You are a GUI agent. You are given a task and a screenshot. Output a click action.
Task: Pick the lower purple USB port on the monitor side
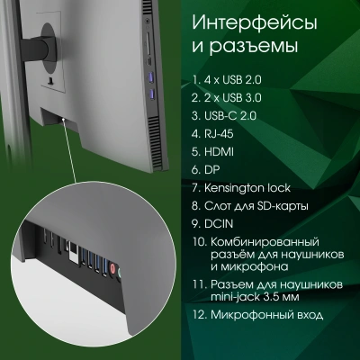(151, 92)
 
